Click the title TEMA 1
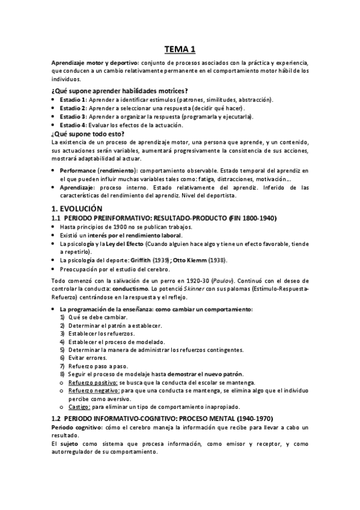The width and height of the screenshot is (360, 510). [x=180, y=50]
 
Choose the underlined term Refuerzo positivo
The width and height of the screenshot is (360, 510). [x=93, y=382]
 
